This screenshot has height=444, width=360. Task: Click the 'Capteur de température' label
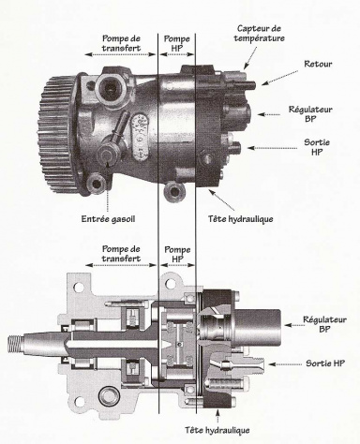259,34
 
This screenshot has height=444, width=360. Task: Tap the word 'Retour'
318,64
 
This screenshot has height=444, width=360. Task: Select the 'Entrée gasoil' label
108,219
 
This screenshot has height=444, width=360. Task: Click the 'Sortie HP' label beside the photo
317,147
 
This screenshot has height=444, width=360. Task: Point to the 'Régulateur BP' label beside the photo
310,114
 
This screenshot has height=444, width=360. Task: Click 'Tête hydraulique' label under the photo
241,219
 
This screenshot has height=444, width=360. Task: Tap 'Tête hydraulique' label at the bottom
217,430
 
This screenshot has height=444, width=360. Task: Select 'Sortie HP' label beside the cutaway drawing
325,363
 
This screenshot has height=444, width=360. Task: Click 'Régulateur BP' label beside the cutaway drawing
324,324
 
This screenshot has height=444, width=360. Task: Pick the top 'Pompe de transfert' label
121,43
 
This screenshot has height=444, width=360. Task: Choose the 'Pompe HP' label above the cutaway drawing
177,254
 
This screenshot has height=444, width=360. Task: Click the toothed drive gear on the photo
57,133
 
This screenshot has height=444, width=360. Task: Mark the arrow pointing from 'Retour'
279,78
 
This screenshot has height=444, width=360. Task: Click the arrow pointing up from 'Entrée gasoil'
108,186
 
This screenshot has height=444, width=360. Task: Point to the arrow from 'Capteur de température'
250,58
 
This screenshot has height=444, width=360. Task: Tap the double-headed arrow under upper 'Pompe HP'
177,54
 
